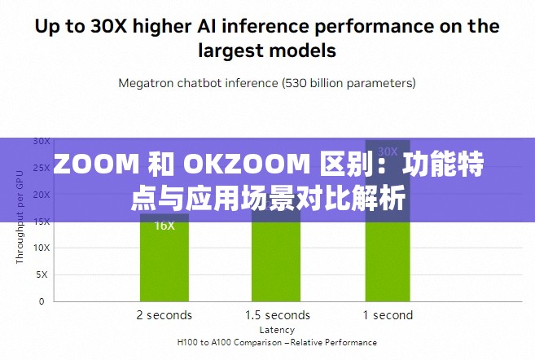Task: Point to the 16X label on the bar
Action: pos(164,226)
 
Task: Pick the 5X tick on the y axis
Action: pos(42,274)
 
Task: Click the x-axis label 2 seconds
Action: pos(164,315)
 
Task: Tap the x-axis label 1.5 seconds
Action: pos(278,315)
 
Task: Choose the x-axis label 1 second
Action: pos(388,315)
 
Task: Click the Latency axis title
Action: pos(277,330)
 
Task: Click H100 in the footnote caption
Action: pos(191,343)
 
